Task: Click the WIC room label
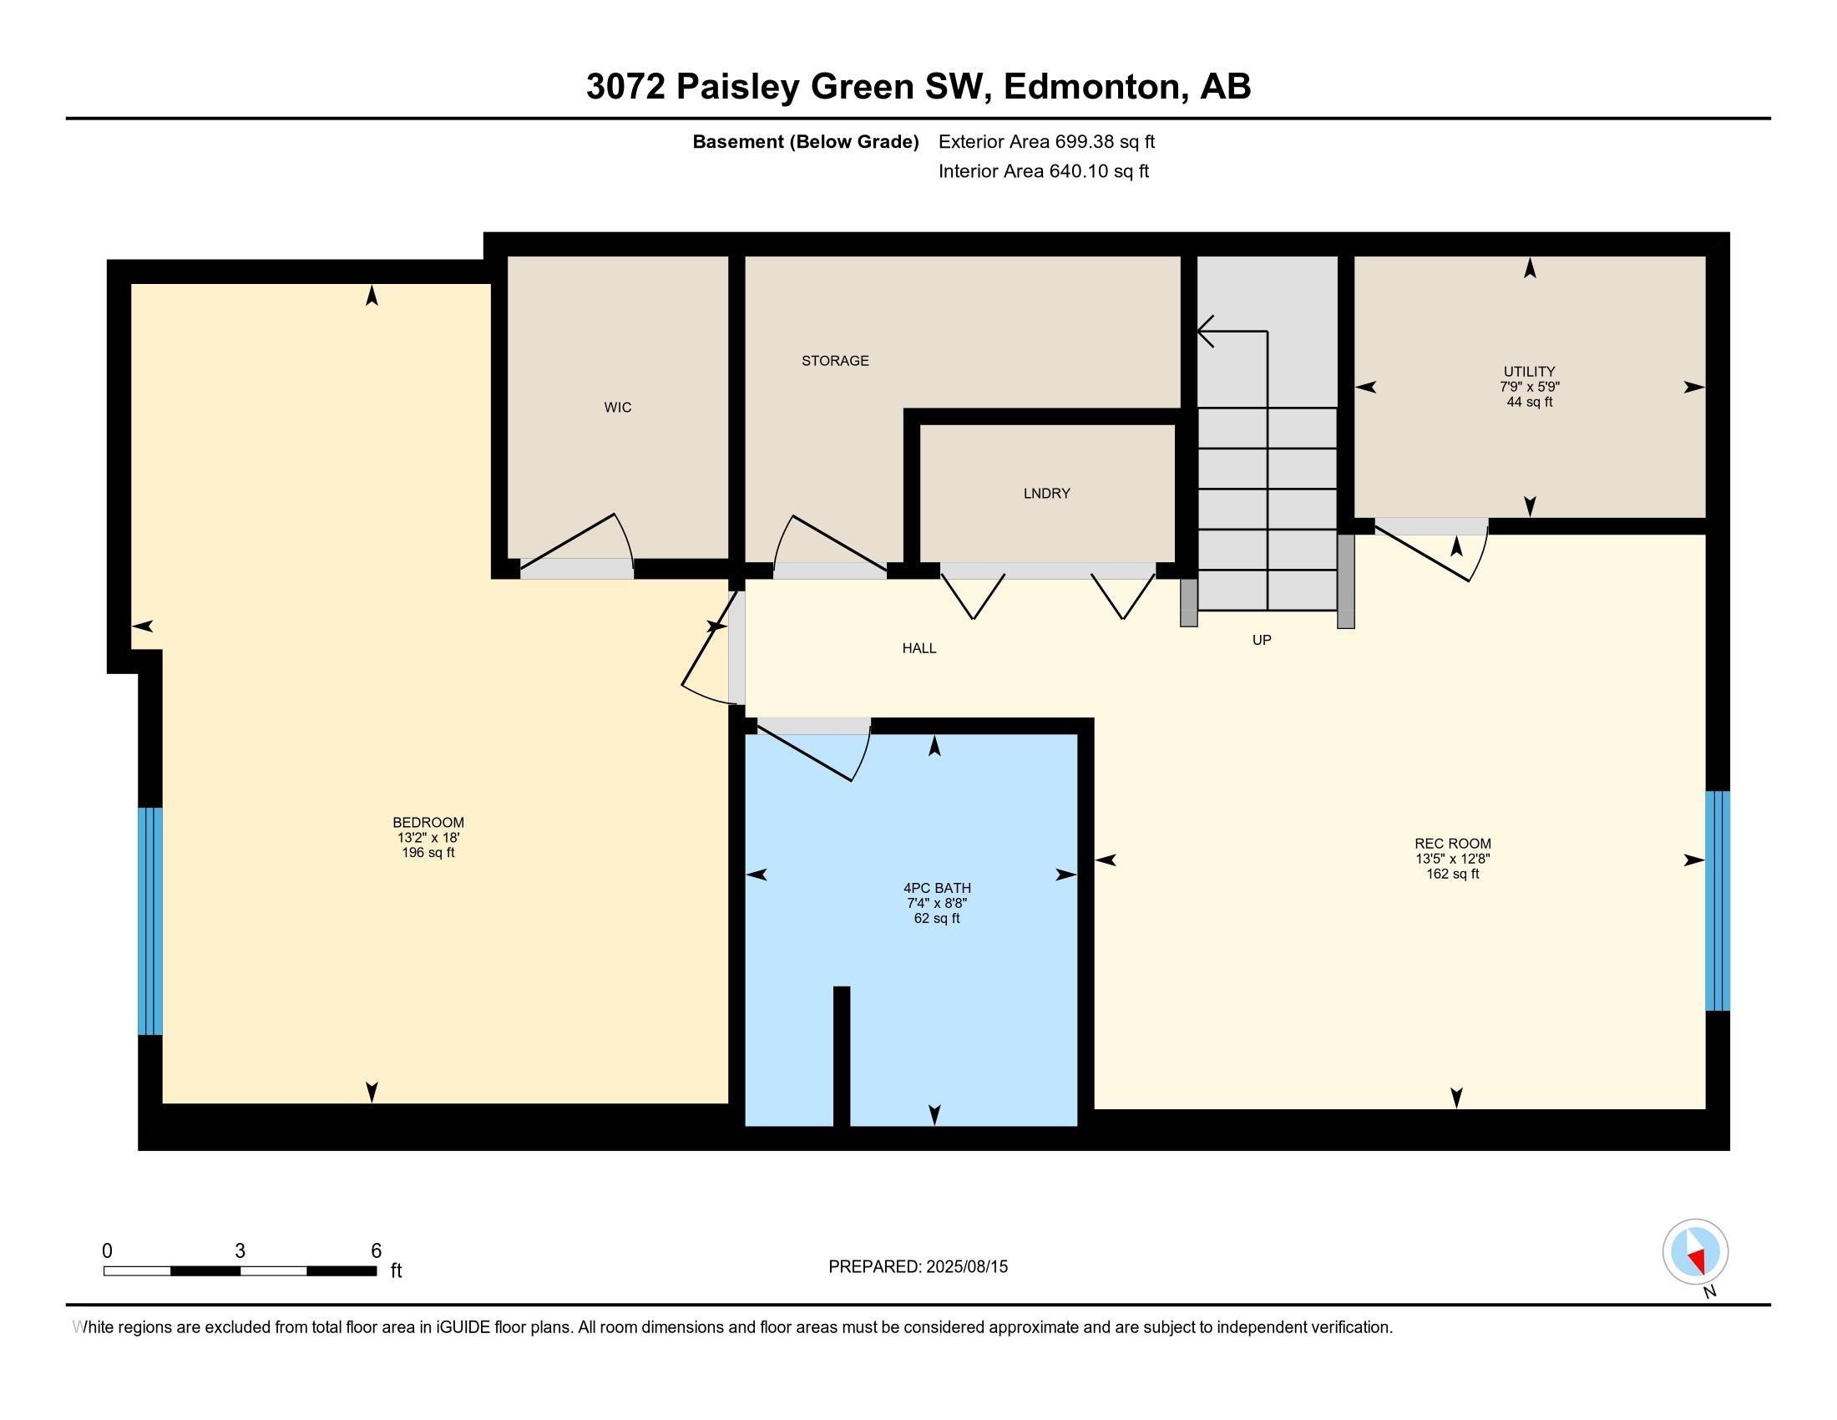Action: click(617, 407)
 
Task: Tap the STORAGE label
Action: click(834, 361)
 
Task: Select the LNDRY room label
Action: click(1046, 494)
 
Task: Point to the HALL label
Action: click(919, 648)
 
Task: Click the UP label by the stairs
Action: click(1262, 640)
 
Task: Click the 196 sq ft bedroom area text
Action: click(428, 853)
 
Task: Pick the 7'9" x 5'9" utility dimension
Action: click(1529, 387)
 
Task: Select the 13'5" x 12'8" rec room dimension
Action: click(1453, 859)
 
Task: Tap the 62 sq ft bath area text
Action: click(936, 919)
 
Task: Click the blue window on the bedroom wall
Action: click(149, 921)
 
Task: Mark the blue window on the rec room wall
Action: click(1717, 900)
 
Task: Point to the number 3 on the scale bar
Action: click(240, 1251)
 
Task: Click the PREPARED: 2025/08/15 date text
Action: click(918, 1267)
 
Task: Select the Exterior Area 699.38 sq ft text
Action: click(1046, 142)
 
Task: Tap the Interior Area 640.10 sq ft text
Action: click(1043, 171)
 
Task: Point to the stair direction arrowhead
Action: click(1204, 332)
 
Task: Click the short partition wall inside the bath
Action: click(841, 1056)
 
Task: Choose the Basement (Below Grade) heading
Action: click(805, 142)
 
